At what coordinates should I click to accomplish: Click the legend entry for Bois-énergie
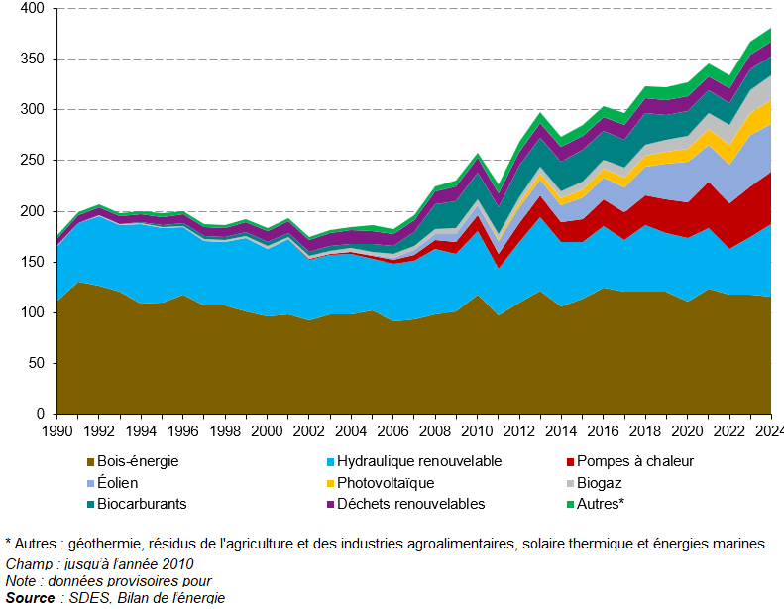pyautogui.click(x=138, y=461)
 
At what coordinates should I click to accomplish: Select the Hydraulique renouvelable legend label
pyautogui.click(x=418, y=461)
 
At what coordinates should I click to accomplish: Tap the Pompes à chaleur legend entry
pyautogui.click(x=636, y=461)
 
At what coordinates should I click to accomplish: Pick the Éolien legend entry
pyautogui.click(x=118, y=483)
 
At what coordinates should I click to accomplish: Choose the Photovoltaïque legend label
pyautogui.click(x=385, y=483)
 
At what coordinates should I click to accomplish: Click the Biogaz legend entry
pyautogui.click(x=599, y=483)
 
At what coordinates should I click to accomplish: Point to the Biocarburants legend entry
pyautogui.click(x=142, y=504)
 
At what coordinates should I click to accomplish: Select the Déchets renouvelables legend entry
pyautogui.click(x=410, y=504)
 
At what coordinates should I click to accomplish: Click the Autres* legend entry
pyautogui.click(x=600, y=504)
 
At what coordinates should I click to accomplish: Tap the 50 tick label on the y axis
pyautogui.click(x=37, y=363)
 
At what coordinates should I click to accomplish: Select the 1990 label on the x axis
pyautogui.click(x=57, y=430)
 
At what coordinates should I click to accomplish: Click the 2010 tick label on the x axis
pyautogui.click(x=478, y=430)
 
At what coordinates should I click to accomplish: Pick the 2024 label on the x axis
pyautogui.click(x=769, y=430)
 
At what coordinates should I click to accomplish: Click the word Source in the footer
pyautogui.click(x=30, y=597)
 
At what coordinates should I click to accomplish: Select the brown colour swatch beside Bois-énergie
pyautogui.click(x=90, y=462)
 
